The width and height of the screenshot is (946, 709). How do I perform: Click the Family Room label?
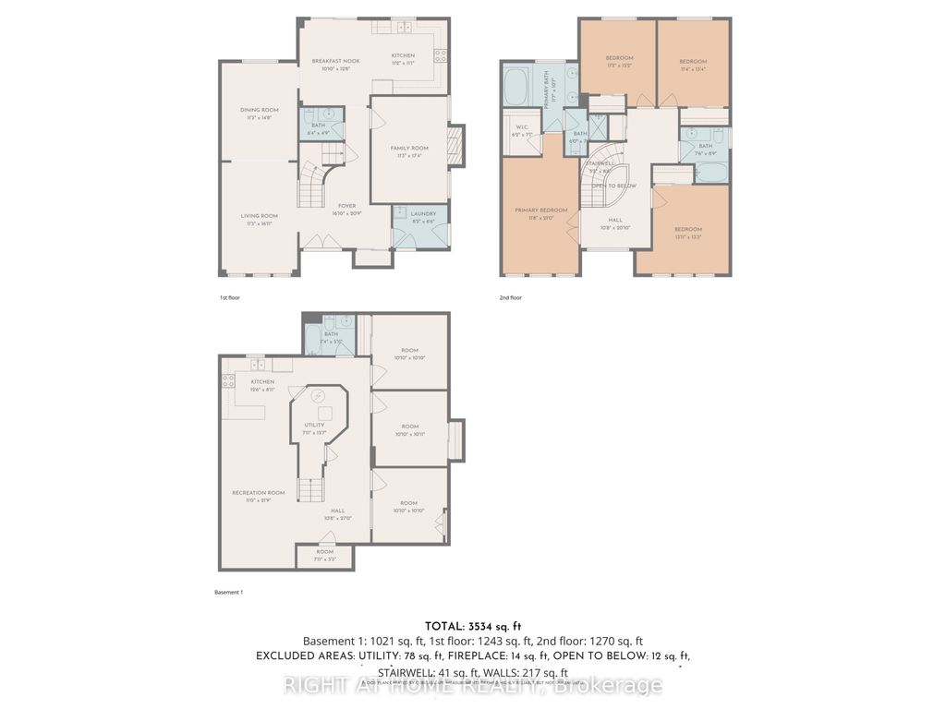tap(409, 148)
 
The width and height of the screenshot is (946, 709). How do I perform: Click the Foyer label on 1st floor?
tap(346, 206)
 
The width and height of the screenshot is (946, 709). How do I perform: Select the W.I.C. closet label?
tap(522, 129)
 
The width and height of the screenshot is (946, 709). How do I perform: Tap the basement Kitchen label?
tap(263, 381)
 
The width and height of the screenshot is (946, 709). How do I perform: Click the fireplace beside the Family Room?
tap(454, 145)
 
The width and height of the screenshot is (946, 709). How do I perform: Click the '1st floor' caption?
tap(230, 299)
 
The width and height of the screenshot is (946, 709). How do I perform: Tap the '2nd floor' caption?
tap(510, 299)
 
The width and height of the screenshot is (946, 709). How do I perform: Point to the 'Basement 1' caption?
tap(229, 592)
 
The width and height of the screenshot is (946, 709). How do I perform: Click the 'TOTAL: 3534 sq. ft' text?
tap(472, 624)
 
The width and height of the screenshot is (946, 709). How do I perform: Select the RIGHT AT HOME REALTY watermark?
tap(472, 685)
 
